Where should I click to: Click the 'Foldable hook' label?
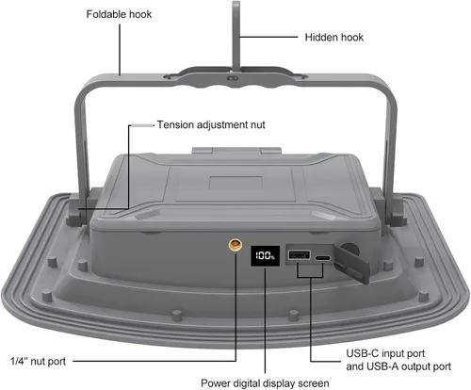click(x=119, y=14)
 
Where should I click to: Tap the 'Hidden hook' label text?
click(x=334, y=38)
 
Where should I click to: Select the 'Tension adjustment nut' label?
click(x=211, y=125)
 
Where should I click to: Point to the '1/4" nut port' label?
click(x=38, y=362)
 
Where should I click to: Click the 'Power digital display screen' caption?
click(x=265, y=383)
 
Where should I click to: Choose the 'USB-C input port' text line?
click(x=385, y=353)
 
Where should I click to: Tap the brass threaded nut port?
click(x=235, y=244)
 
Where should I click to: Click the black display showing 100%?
click(x=266, y=256)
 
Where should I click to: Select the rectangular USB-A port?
click(x=300, y=254)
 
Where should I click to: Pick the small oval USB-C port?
click(x=323, y=258)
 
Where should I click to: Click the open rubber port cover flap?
click(x=351, y=265)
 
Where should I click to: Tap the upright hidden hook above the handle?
click(x=236, y=37)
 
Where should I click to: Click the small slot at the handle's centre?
click(x=234, y=78)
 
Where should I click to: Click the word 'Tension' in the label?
click(x=175, y=125)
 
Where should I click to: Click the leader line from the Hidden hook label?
click(x=268, y=37)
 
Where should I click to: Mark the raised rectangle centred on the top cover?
click(x=235, y=183)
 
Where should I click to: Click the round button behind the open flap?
click(x=350, y=249)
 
